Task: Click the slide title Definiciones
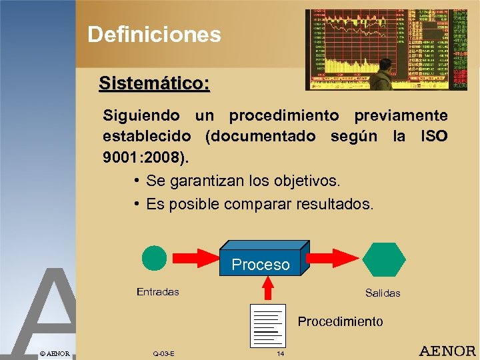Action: pos(154,34)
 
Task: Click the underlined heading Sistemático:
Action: pos(154,83)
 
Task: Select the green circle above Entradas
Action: pos(155,259)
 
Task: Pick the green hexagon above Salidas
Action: pos(383,259)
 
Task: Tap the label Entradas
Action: pos(157,291)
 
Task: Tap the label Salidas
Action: pos(383,293)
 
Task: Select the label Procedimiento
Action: pos(340,321)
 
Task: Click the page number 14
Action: pos(280,353)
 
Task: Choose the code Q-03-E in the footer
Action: pos(163,353)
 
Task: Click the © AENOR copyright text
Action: pos(55,353)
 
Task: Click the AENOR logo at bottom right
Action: pos(447,351)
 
